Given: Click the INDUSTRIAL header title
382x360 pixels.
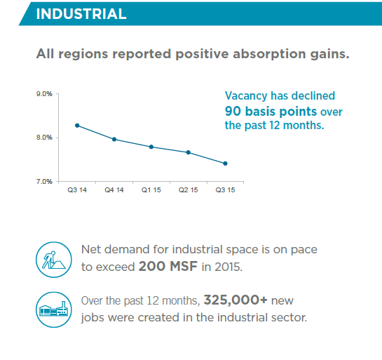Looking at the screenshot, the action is pos(81,14).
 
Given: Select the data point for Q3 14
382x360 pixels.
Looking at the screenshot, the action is pos(77,126).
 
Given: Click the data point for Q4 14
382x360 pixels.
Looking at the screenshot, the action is pos(114,139).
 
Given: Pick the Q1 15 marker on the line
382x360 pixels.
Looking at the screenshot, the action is pos(151,147).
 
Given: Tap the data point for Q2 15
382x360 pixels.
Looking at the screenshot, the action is pos(189,152).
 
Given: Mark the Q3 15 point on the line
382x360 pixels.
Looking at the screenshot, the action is pos(226,164).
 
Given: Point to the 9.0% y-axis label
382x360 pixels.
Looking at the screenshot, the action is pos(44,94).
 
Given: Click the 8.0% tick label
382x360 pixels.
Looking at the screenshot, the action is pos(44,138).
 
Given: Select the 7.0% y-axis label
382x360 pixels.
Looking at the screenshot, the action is pos(44,182).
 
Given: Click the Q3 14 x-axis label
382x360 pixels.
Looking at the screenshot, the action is pos(77,190).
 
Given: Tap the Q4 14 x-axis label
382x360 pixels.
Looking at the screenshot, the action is pos(114,190).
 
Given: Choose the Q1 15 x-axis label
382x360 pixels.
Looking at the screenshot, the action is pos(151,190).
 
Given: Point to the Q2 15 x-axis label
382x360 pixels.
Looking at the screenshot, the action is pos(189,190).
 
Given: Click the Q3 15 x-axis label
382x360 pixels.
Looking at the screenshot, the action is pos(226,190).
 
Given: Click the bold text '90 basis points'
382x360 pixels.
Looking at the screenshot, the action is pos(271,112).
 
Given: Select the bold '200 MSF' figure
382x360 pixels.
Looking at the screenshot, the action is pos(168,266).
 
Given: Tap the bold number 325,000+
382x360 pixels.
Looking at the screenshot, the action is pos(236,300).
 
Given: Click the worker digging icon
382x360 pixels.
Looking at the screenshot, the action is pos(54,260).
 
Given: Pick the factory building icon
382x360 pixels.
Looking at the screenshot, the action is pos(54,309).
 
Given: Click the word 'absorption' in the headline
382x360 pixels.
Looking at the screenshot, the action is pos(269,54).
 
